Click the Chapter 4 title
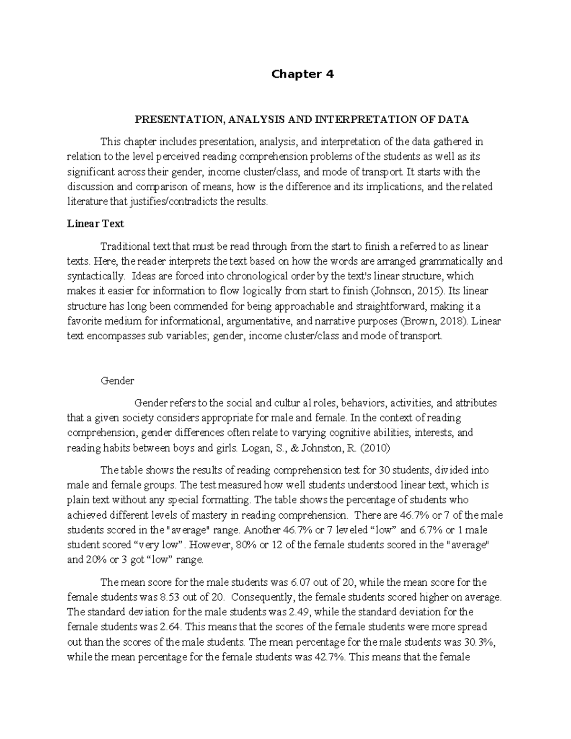[x=302, y=74]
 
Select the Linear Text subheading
[x=95, y=223]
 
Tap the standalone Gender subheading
[x=118, y=381]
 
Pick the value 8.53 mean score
[x=168, y=597]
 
